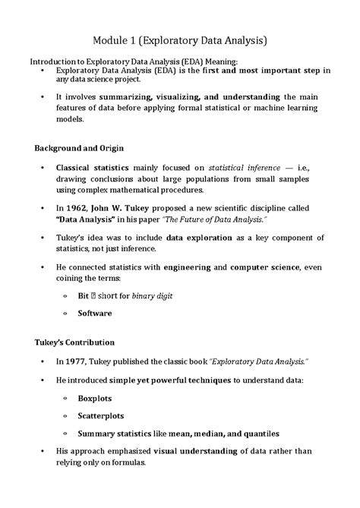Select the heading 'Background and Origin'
81,147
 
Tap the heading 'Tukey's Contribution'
75,342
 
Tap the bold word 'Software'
95,313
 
